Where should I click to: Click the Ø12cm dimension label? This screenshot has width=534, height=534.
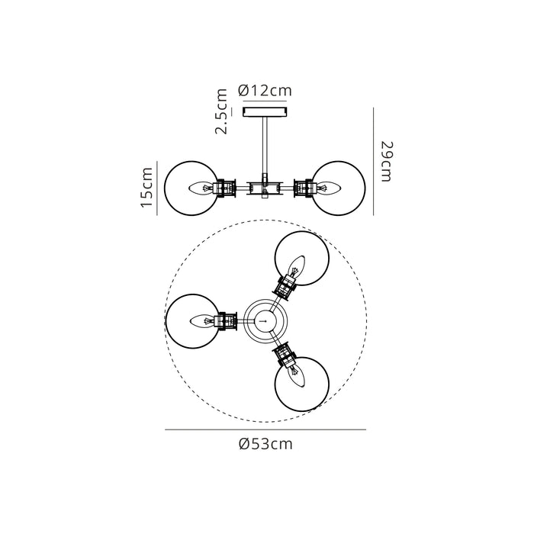pos(265,91)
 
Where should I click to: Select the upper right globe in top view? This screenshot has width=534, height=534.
pos(303,258)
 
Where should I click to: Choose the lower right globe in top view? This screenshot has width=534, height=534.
pos(302,384)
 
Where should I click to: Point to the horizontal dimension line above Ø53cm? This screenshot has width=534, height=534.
pos(265,430)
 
